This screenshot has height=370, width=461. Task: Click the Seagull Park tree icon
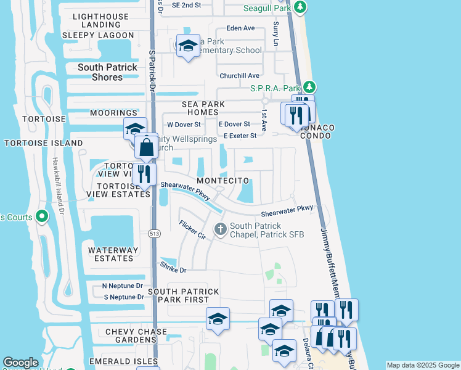coord(300,7)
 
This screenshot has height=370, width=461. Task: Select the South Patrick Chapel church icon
coord(221,230)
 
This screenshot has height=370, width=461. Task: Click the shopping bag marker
coord(147,148)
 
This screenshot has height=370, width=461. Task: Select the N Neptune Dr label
coord(122,286)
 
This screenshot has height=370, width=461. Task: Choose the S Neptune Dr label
coord(123,297)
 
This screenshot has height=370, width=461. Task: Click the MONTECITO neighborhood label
coord(222,181)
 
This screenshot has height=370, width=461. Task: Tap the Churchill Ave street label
coord(240,76)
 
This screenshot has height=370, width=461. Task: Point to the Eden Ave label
coord(240,28)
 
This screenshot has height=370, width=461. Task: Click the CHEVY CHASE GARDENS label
coord(136,336)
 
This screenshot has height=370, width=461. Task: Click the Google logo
coord(20,363)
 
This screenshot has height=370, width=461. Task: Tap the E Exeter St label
coord(240,136)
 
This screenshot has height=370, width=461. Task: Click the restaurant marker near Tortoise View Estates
coord(144,173)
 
